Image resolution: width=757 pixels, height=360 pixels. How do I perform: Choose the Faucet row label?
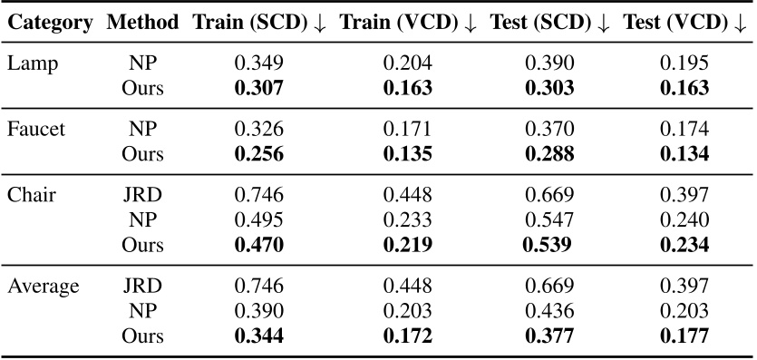pyautogui.click(x=35, y=131)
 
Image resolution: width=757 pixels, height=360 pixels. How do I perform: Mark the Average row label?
pyautogui.click(x=43, y=287)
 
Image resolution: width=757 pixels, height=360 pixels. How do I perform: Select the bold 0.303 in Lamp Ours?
pyautogui.click(x=548, y=89)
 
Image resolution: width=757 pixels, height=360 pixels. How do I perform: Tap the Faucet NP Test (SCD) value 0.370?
pyautogui.click(x=548, y=131)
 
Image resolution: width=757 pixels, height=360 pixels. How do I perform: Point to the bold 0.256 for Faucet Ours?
pyautogui.click(x=258, y=154)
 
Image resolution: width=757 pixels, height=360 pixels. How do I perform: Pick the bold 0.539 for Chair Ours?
pyautogui.click(x=548, y=244)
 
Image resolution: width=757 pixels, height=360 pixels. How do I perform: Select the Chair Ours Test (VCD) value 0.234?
pyautogui.click(x=684, y=244)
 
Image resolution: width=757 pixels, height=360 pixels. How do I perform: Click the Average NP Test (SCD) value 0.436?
pyautogui.click(x=548, y=311)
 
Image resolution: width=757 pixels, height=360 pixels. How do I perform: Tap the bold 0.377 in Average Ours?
pyautogui.click(x=548, y=336)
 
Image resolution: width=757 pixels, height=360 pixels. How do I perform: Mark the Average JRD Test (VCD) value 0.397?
pyautogui.click(x=684, y=287)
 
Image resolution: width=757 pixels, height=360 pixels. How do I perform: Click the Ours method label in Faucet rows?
pyautogui.click(x=142, y=154)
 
